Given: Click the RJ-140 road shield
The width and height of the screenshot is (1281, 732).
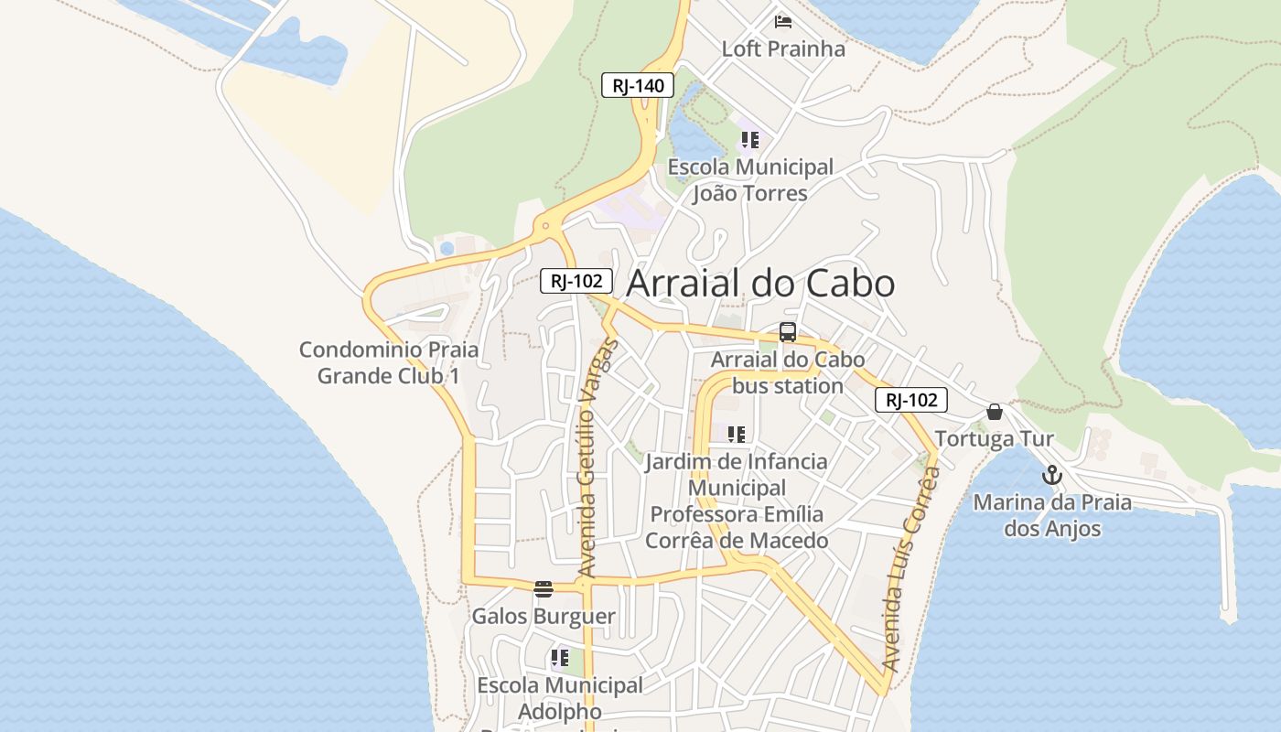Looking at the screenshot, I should pyautogui.click(x=638, y=86).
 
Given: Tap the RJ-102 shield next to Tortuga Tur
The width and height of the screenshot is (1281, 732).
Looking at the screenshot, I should pyautogui.click(x=910, y=400).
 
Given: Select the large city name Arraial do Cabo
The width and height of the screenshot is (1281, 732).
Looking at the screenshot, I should pyautogui.click(x=760, y=284).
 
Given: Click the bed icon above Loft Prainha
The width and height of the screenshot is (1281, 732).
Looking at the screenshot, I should pyautogui.click(x=783, y=21).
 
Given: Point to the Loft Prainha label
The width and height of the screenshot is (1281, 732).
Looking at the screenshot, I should pyautogui.click(x=783, y=48).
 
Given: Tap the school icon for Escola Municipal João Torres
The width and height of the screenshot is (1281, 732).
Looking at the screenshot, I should pyautogui.click(x=750, y=140).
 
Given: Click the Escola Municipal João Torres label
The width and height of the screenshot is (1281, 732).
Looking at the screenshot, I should pyautogui.click(x=750, y=180).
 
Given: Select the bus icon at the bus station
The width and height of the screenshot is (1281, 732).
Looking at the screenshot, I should pyautogui.click(x=788, y=332).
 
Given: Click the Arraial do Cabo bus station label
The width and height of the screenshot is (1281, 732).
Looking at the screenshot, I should pyautogui.click(x=788, y=372).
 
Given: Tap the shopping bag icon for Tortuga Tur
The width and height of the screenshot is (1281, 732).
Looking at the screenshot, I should pyautogui.click(x=995, y=412).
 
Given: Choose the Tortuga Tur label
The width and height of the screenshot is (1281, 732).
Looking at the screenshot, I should pyautogui.click(x=995, y=439).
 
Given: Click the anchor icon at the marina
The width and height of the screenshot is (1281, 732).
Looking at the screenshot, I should pyautogui.click(x=1052, y=475).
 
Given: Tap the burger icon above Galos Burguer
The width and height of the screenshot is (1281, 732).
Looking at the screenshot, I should pyautogui.click(x=544, y=588).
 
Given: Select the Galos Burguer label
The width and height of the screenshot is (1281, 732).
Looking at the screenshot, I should pyautogui.click(x=544, y=617).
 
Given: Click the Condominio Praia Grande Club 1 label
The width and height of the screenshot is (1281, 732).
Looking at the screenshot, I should pyautogui.click(x=389, y=362).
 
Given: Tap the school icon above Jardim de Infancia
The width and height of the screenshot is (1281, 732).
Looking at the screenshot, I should pyautogui.click(x=737, y=434).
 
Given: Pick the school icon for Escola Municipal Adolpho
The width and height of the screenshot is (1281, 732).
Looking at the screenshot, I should pyautogui.click(x=560, y=658).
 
